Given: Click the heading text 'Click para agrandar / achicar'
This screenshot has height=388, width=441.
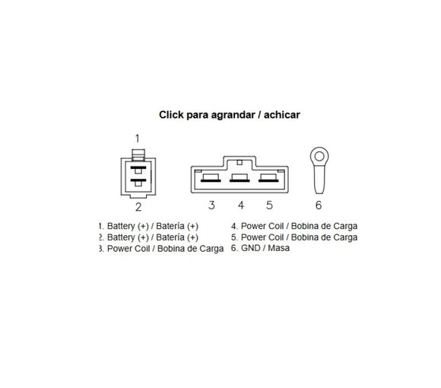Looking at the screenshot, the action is pos(230,115).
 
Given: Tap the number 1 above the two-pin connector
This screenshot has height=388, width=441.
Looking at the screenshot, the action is pos(138,138).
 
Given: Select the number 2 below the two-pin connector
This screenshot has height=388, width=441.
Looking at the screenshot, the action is pos(138,207).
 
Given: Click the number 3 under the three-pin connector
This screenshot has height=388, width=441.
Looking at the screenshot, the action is pos(212,205).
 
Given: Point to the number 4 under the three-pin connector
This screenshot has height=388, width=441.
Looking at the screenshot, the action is pos(241,205).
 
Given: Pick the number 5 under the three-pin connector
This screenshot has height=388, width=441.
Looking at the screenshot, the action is pos(269,205).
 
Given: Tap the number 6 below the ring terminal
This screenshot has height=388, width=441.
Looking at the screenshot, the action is pos(319,205).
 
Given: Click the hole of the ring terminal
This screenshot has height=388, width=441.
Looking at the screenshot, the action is pos(319,156).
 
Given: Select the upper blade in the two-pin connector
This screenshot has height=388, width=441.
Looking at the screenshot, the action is pos(138,167).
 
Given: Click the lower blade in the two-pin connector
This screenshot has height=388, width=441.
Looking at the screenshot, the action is pos(138,180).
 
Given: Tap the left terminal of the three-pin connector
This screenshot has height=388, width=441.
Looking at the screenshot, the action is pos(211,178).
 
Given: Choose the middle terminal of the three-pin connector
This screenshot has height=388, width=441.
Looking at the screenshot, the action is pos(240,178).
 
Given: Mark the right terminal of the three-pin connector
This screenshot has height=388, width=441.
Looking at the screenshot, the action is pos(268,178).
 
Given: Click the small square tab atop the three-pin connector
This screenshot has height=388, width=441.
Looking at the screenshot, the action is pos(240,162).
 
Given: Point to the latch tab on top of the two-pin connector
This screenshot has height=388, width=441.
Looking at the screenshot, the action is pos(138,154).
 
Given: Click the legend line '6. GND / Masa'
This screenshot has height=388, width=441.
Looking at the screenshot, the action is pos(260,248).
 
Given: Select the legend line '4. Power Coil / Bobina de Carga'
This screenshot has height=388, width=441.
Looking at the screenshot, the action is pos(294,226).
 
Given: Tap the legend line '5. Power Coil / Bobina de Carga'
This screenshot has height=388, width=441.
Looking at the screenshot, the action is pos(294,237).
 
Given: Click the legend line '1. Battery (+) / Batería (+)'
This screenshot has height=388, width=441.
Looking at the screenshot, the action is pos(148,226).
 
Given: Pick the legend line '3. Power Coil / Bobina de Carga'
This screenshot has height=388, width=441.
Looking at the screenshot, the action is pos(161,249).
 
